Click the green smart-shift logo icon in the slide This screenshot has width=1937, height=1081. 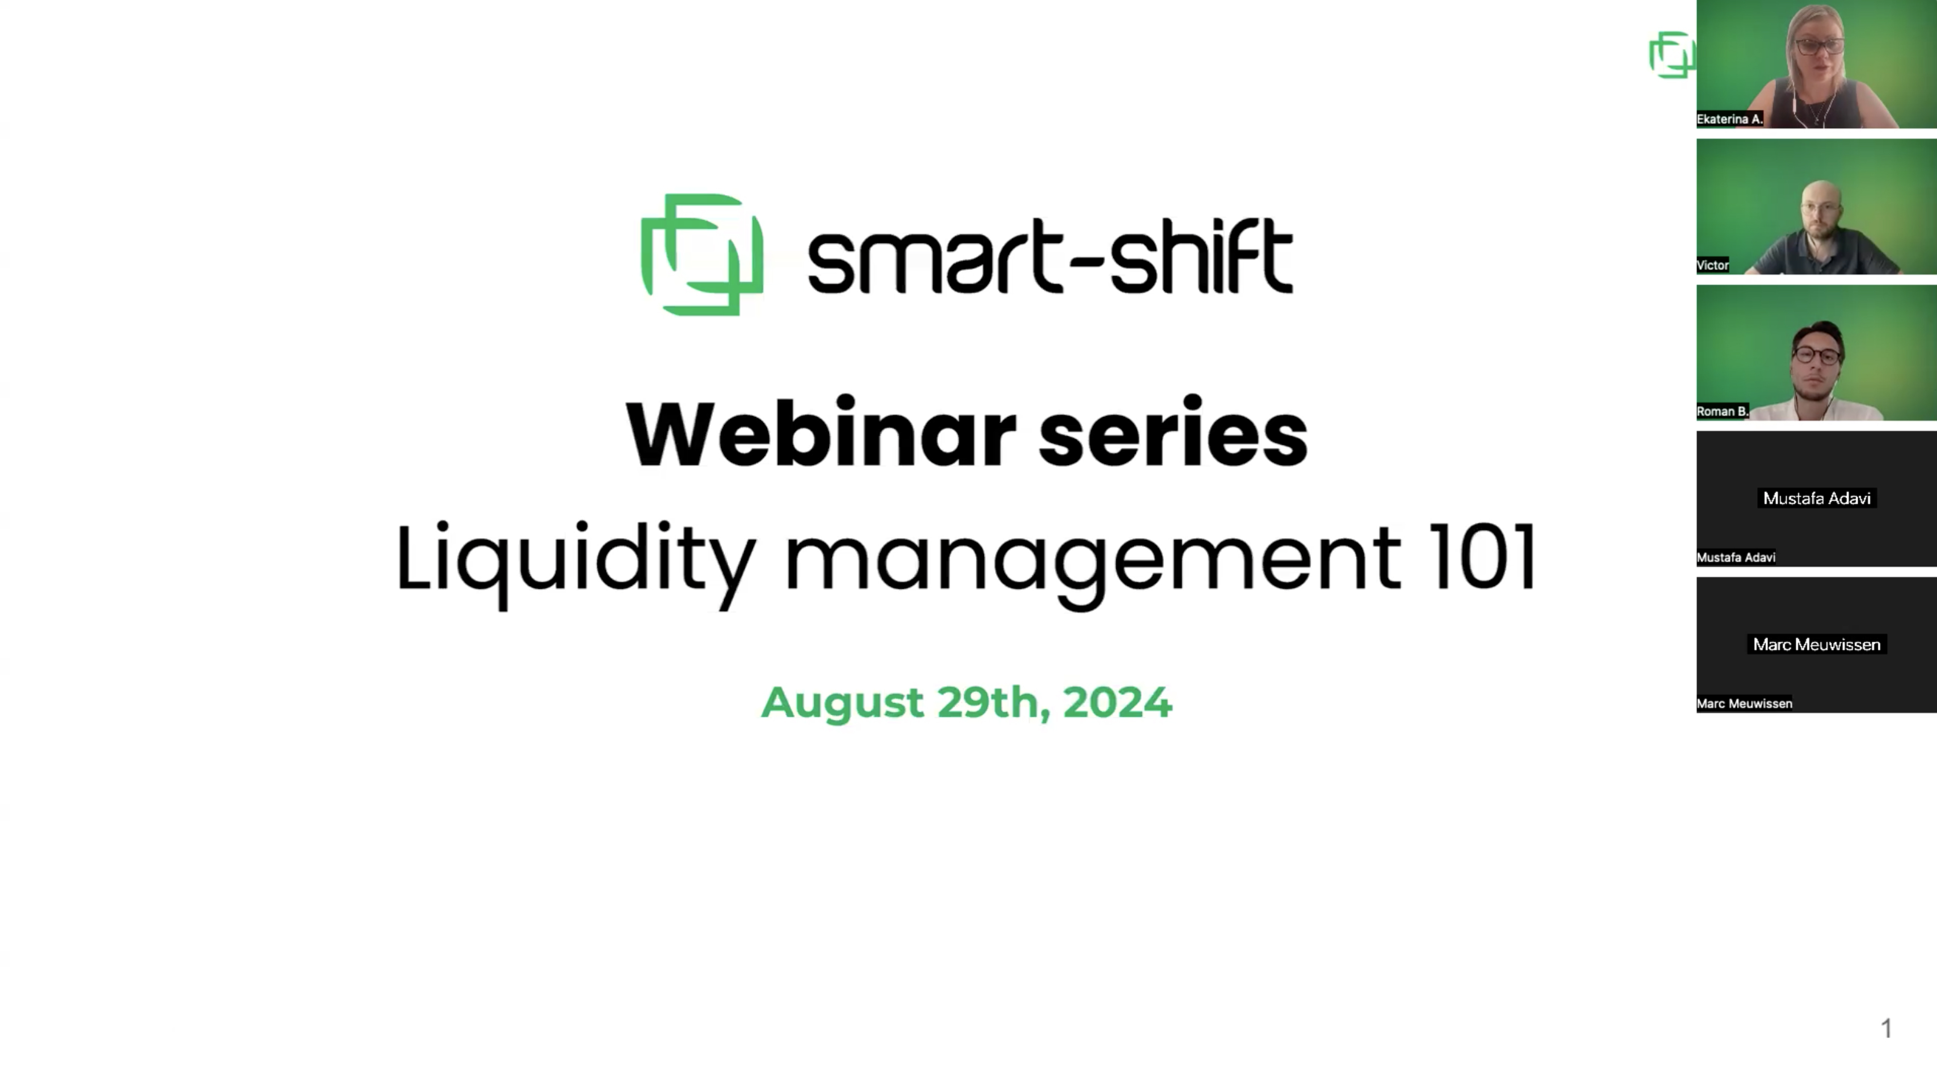coord(702,255)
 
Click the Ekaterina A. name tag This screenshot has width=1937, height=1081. coord(1729,119)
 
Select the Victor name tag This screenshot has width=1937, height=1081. coord(1713,265)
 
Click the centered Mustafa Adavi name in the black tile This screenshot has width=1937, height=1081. coord(1817,498)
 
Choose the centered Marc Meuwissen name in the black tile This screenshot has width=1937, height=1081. coord(1817,644)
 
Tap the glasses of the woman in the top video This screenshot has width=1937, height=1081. coord(1819,46)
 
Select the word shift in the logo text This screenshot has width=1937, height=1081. coord(1201,256)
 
